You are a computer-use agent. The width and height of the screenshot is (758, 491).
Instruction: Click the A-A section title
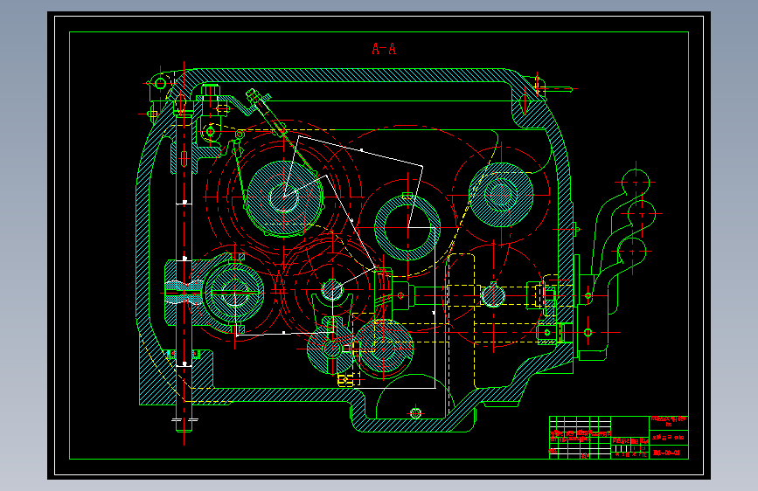click(384, 49)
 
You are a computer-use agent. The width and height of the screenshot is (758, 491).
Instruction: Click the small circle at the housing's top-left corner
click(159, 83)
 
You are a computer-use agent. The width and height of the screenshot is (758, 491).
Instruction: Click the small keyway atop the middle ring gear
click(407, 196)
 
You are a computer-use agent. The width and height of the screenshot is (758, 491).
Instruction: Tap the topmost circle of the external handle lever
click(635, 180)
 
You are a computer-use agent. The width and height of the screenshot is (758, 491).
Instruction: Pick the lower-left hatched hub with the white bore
click(232, 298)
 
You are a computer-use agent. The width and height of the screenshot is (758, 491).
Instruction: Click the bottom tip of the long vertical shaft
click(182, 425)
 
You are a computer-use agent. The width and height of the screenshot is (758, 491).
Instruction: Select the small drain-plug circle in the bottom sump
click(415, 412)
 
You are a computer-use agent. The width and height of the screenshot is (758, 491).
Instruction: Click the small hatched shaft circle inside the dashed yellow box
click(492, 295)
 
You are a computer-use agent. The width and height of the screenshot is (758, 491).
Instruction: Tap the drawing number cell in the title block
click(668, 452)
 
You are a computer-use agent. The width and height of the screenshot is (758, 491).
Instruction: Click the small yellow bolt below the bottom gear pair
click(344, 380)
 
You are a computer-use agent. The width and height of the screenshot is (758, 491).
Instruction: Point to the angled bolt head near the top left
click(252, 95)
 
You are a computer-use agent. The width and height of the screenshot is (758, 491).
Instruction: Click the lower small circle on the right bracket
click(588, 331)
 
